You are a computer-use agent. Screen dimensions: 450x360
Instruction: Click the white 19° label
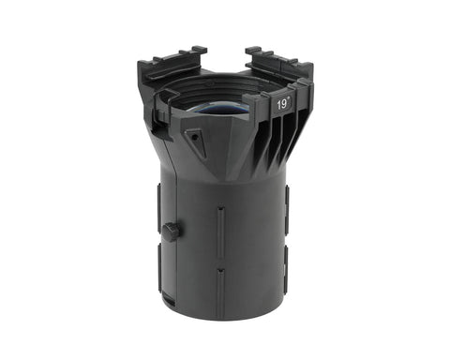(x=283, y=104)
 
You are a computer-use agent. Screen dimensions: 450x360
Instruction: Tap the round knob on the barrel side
(x=171, y=232)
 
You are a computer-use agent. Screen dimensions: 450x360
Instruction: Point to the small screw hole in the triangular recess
(x=195, y=137)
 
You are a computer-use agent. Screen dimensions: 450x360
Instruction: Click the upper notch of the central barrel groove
(x=221, y=208)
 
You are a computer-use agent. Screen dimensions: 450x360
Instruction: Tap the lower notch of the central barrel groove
(x=221, y=270)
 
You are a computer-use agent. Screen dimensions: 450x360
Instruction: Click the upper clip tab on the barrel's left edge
(x=159, y=208)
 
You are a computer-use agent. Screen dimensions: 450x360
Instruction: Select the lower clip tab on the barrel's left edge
(x=159, y=268)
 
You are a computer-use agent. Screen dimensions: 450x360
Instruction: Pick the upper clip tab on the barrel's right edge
(x=286, y=210)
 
